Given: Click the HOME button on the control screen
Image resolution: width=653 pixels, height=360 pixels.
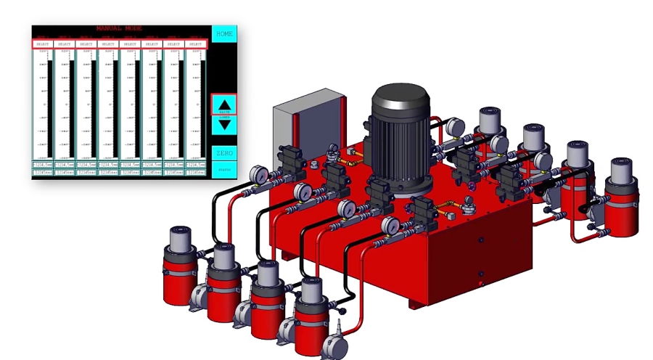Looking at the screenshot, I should [x=224, y=33].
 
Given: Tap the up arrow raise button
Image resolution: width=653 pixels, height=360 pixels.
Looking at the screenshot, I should [x=224, y=104].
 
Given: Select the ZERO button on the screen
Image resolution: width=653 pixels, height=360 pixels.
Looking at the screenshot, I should [x=224, y=153].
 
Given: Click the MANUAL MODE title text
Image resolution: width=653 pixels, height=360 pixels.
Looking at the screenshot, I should [x=119, y=29].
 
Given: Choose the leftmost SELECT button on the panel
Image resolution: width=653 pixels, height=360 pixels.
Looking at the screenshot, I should [x=43, y=44].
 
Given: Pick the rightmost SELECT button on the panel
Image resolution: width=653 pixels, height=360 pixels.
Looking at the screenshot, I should [x=195, y=44].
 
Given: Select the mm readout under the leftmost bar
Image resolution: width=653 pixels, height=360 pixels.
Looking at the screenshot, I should [x=43, y=165].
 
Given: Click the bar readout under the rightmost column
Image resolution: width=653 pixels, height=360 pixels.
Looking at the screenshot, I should [x=195, y=173].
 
